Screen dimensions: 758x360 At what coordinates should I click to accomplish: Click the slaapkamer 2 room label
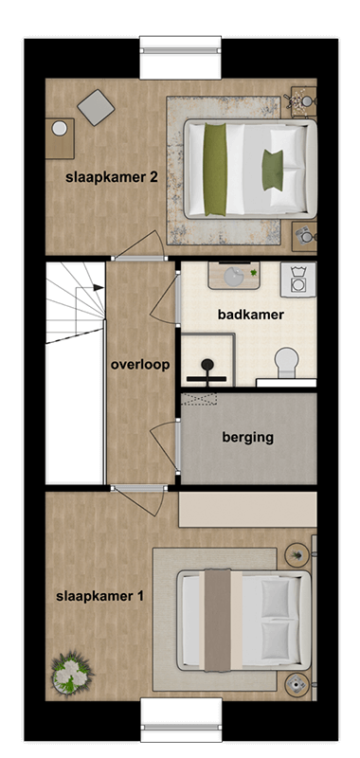pyautogui.click(x=111, y=177)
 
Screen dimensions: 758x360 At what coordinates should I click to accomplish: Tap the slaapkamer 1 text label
pyautogui.click(x=99, y=596)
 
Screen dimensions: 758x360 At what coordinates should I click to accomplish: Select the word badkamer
pyautogui.click(x=251, y=315)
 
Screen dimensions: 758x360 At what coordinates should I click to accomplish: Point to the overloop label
pyautogui.click(x=139, y=365)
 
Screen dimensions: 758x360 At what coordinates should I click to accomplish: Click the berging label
pyautogui.click(x=247, y=437)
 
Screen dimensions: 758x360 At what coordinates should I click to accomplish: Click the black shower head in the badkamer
pyautogui.click(x=207, y=367)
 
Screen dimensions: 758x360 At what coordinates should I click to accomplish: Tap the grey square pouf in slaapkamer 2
pyautogui.click(x=96, y=107)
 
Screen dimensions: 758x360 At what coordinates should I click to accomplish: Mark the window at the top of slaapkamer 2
pyautogui.click(x=180, y=59)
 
